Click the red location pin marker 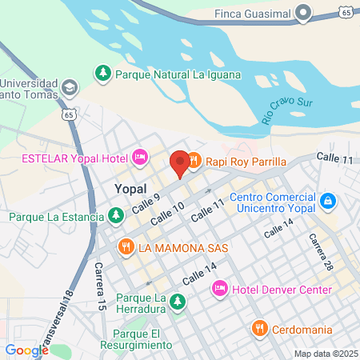coord(180,162)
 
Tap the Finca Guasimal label coord(252,13)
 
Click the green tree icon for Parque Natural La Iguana coord(103,74)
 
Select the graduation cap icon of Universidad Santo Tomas coord(70,86)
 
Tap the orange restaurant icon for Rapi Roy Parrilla coord(194,162)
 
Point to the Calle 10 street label coord(167,211)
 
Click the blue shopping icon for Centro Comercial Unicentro coord(326,199)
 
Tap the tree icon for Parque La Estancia coord(117,216)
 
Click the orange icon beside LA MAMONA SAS coord(126,247)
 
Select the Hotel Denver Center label coord(277,288)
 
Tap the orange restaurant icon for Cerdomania coord(259,328)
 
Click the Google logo coord(26,350)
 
